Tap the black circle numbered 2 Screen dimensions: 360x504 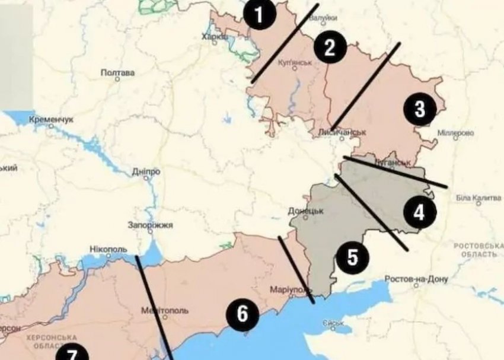(330, 47)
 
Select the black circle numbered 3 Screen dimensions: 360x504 (420, 110)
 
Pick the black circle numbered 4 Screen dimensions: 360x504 (419, 212)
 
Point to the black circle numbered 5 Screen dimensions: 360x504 (352, 257)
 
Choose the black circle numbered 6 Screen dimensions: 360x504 (242, 313)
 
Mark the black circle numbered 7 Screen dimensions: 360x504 (71, 353)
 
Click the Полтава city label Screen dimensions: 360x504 (118, 73)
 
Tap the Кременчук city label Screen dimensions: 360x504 (50, 119)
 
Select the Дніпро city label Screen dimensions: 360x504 (146, 171)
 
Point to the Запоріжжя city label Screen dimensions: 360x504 (151, 225)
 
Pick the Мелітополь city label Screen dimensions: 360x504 (165, 310)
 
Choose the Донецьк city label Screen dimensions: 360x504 (305, 211)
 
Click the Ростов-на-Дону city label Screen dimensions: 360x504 (416, 279)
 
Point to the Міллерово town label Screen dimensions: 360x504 (455, 133)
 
